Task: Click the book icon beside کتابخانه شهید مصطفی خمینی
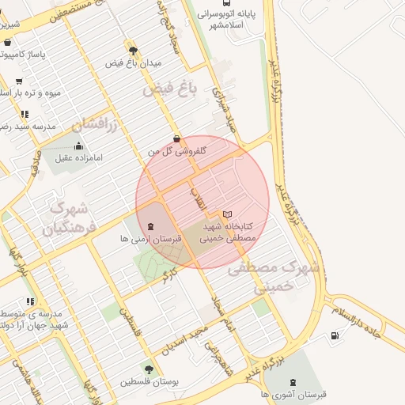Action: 228,214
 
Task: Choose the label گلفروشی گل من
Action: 179,150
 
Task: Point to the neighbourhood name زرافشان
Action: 95,125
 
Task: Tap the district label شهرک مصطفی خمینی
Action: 274,277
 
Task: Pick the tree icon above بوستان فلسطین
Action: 149,369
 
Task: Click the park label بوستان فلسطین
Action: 150,381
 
